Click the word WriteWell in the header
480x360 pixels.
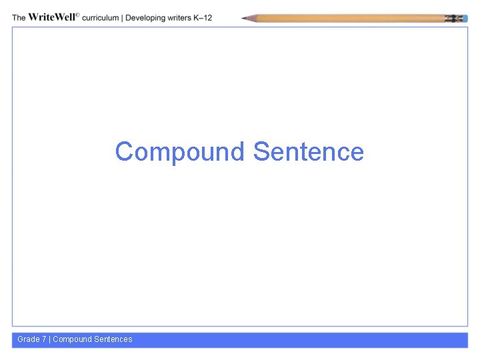click(52, 17)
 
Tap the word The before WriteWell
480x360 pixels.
click(19, 17)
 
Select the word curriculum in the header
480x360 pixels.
click(101, 17)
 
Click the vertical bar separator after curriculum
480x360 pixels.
click(123, 17)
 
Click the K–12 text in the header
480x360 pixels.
click(203, 17)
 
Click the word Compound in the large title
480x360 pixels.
click(181, 152)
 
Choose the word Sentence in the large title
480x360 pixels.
click(309, 152)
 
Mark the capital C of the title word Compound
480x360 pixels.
click(123, 152)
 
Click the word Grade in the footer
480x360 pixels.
click(29, 339)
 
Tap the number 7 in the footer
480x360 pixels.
click(44, 339)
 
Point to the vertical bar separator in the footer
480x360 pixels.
click(49, 339)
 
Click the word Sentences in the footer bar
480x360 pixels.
click(113, 339)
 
